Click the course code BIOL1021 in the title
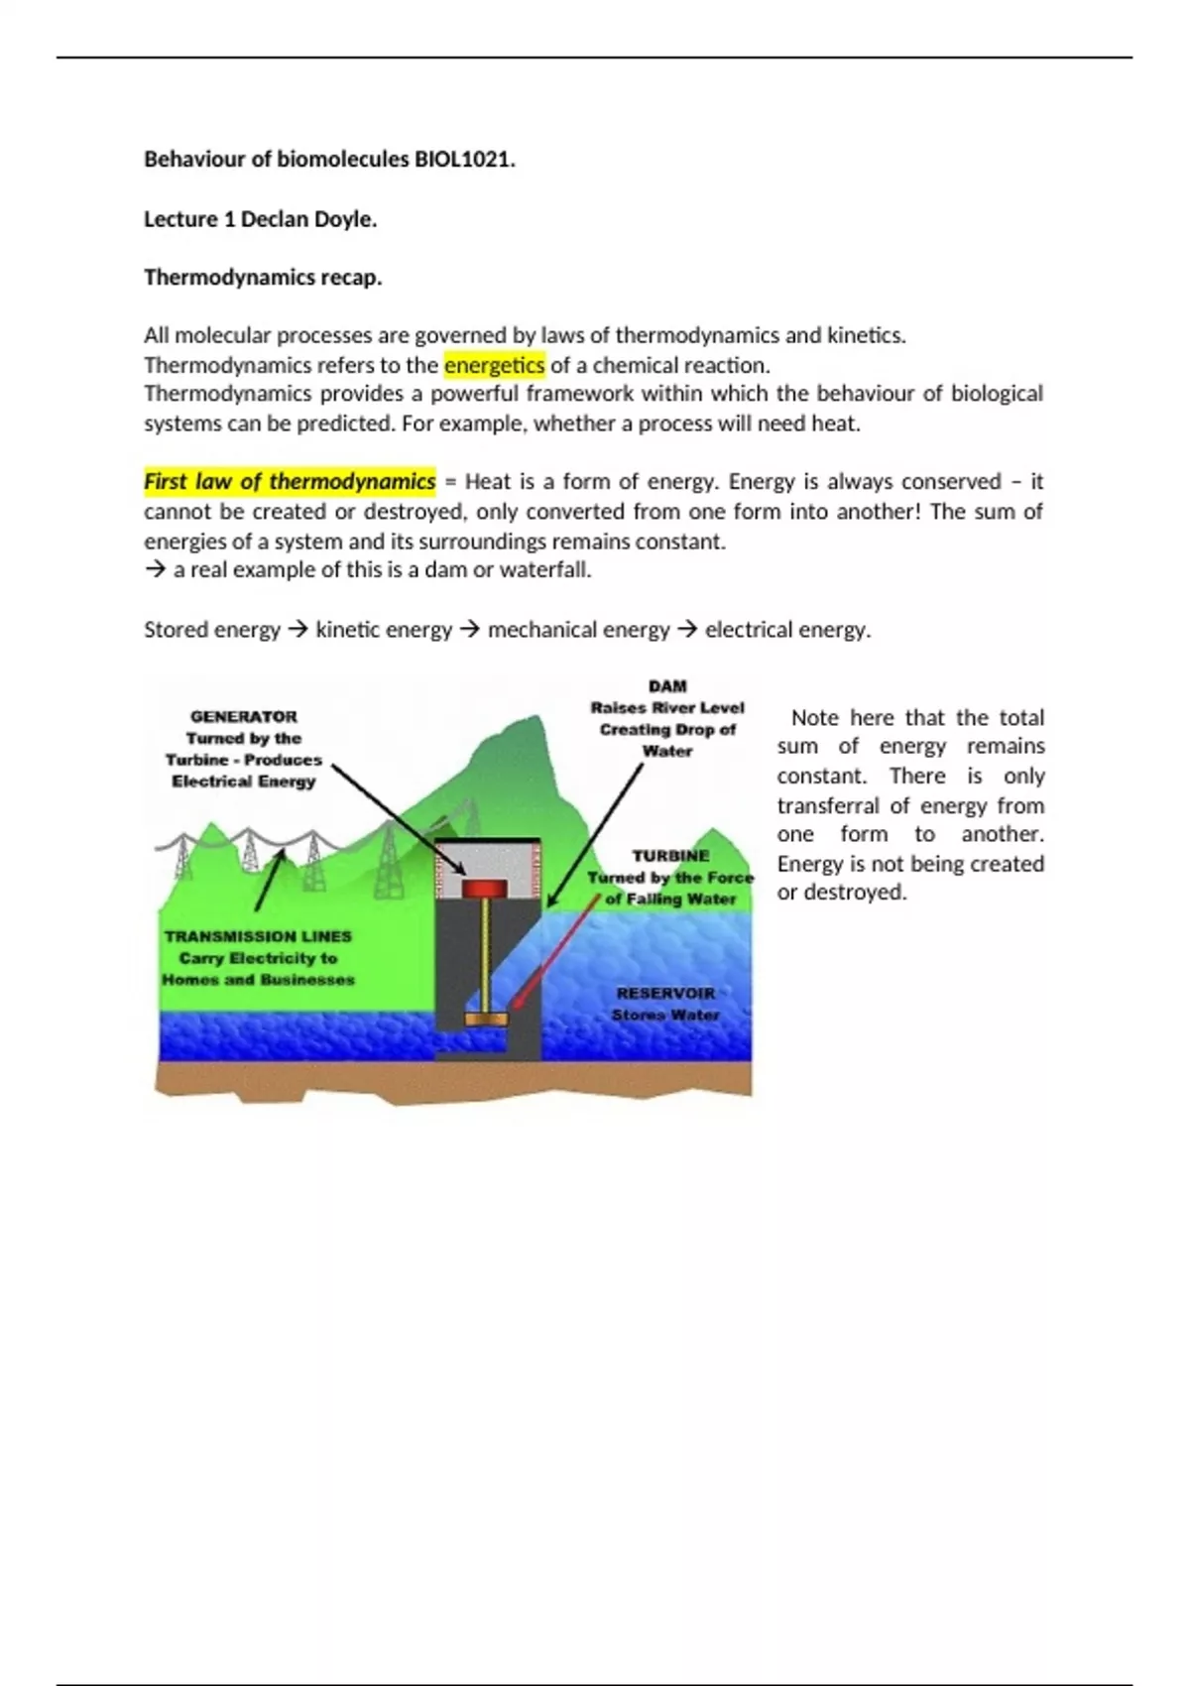(x=462, y=160)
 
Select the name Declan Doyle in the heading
(x=307, y=220)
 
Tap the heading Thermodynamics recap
(x=263, y=278)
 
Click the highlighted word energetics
(x=494, y=365)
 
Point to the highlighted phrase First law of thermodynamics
(x=290, y=482)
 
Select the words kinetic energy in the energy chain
(x=383, y=630)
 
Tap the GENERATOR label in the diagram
(x=243, y=716)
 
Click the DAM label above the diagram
(x=667, y=686)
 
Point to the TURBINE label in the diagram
(x=670, y=856)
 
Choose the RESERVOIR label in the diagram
(x=665, y=993)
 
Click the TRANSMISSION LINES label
(x=258, y=936)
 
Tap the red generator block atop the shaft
(x=485, y=888)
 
